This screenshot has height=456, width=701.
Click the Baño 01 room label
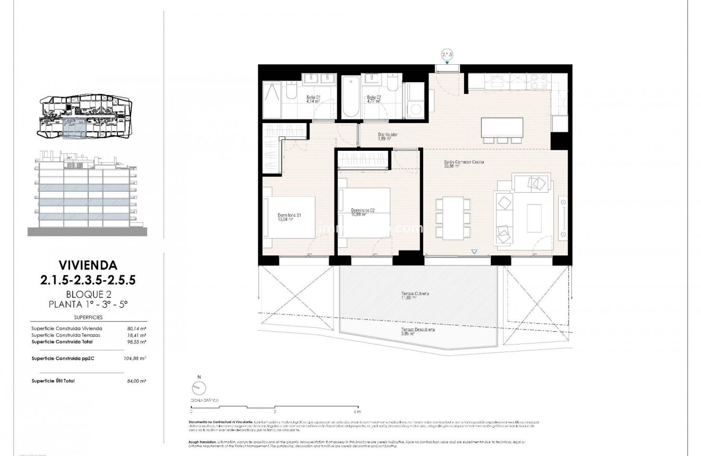313,98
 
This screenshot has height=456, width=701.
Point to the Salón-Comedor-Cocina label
464,163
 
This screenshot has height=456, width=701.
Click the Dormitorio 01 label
289,216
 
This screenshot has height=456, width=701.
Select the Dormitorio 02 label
363,211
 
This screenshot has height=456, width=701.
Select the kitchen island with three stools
501,127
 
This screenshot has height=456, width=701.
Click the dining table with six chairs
452,218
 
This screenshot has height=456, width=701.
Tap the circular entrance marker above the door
447,54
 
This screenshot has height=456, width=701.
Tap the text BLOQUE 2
88,295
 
